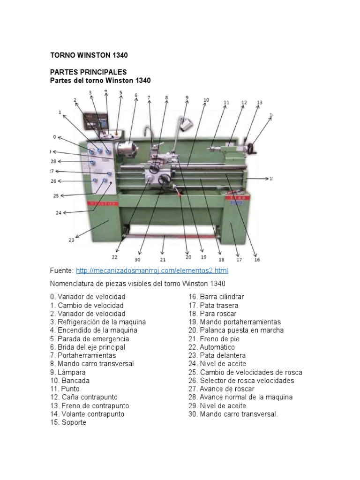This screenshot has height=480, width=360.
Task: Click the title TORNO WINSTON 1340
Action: [89, 55]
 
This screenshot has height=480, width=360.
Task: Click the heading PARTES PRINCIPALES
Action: [89, 72]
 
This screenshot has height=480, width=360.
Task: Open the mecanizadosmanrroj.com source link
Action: [151, 270]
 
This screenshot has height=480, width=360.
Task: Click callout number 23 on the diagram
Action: [71, 240]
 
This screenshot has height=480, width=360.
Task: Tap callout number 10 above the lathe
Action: [206, 100]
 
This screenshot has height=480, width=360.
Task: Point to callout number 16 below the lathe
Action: [256, 259]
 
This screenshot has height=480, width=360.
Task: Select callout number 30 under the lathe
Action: [137, 259]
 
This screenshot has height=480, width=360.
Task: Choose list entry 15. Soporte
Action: [68, 422]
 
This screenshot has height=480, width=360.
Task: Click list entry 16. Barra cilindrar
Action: [216, 297]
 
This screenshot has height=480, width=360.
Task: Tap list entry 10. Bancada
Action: [70, 381]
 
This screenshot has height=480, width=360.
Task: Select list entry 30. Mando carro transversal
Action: [233, 414]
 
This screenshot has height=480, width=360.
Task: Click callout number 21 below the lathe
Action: [163, 259]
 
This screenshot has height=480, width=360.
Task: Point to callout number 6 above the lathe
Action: [136, 95]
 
